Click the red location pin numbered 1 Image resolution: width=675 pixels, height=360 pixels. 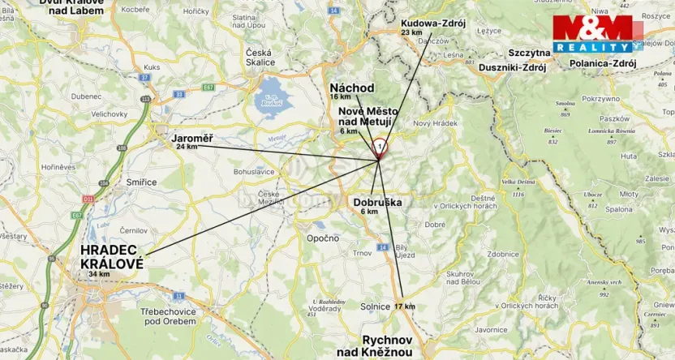click(x=380, y=148)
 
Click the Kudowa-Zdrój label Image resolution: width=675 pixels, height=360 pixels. click(x=432, y=24)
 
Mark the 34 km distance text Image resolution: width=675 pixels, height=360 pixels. click(x=100, y=275)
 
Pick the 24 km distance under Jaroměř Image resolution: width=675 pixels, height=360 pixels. click(x=187, y=147)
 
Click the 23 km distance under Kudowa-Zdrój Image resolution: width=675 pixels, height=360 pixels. click(x=411, y=32)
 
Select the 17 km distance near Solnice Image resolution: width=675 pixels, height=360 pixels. click(x=404, y=306)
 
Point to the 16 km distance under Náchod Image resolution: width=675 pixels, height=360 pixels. click(x=340, y=96)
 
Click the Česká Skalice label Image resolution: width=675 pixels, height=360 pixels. click(x=259, y=58)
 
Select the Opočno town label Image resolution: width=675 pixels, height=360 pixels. click(x=322, y=238)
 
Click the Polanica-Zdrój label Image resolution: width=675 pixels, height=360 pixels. click(x=603, y=62)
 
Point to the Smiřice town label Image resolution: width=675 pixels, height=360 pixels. click(x=142, y=182)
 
